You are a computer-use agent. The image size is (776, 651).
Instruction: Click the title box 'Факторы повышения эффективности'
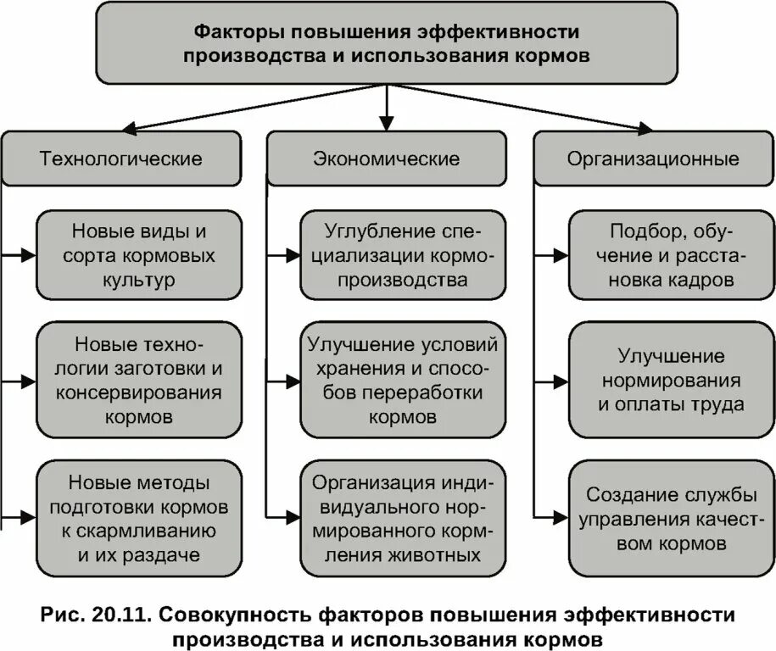click(388, 42)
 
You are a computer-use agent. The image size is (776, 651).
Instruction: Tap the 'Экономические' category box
click(387, 159)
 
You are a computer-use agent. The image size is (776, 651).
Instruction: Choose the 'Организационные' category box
click(653, 159)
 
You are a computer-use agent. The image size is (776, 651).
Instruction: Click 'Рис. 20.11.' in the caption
click(94, 614)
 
